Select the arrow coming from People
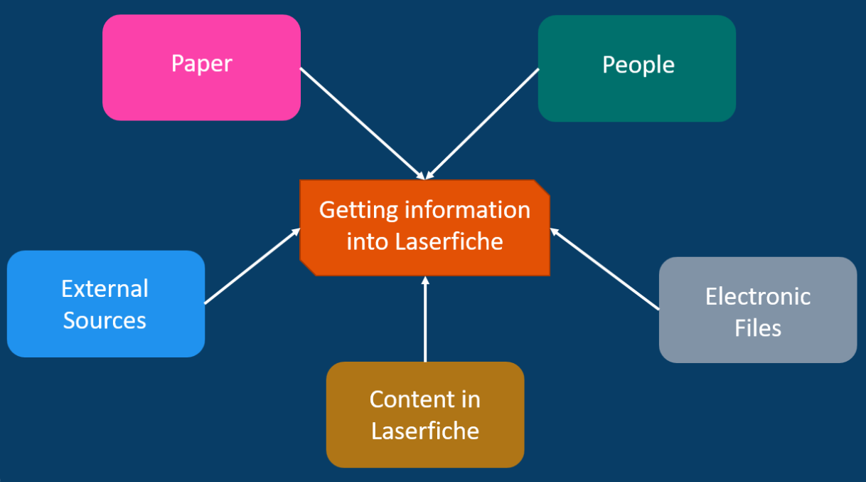pos(483,122)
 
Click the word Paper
pos(201,64)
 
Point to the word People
pos(638,65)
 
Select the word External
pos(105,288)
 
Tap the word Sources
pos(105,320)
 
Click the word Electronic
pos(758,296)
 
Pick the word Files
pos(758,328)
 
